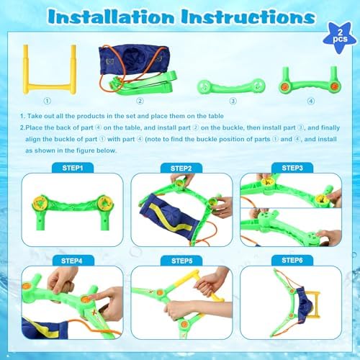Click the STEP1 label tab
[x=73, y=168]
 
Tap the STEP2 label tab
[x=181, y=168]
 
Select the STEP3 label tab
[x=292, y=168]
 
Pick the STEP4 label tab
[x=71, y=261]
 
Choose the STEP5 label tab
[x=181, y=261]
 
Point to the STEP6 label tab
[x=292, y=261]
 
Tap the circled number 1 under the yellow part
[x=48, y=101]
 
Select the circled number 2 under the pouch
[x=140, y=101]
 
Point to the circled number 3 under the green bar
[x=233, y=101]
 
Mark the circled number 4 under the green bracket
[x=311, y=101]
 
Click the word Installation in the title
[x=111, y=17]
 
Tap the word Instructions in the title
[x=248, y=17]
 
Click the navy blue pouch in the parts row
[x=135, y=60]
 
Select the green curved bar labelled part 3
[x=231, y=86]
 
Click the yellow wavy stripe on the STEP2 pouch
[x=168, y=218]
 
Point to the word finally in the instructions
[x=330, y=127]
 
